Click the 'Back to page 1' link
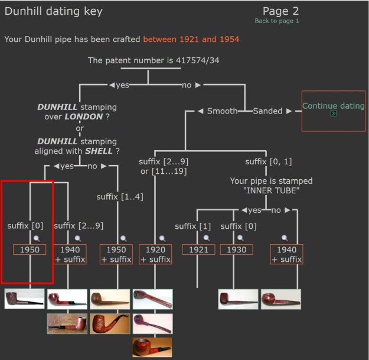click(x=277, y=21)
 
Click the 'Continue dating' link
click(x=333, y=106)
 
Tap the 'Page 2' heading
click(x=280, y=11)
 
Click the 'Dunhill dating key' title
click(x=54, y=11)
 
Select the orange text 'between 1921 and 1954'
click(x=191, y=39)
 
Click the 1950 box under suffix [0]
click(x=30, y=250)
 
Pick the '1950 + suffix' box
click(x=116, y=254)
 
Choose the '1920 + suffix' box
click(x=155, y=254)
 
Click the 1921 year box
click(x=198, y=250)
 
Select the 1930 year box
click(x=237, y=250)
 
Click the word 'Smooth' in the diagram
click(x=222, y=111)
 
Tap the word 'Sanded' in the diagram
click(x=267, y=111)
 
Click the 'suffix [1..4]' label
click(x=120, y=196)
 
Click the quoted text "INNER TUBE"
click(x=271, y=190)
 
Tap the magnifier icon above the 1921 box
click(x=206, y=238)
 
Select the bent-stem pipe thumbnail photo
click(x=110, y=323)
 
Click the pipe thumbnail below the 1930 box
click(x=238, y=299)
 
